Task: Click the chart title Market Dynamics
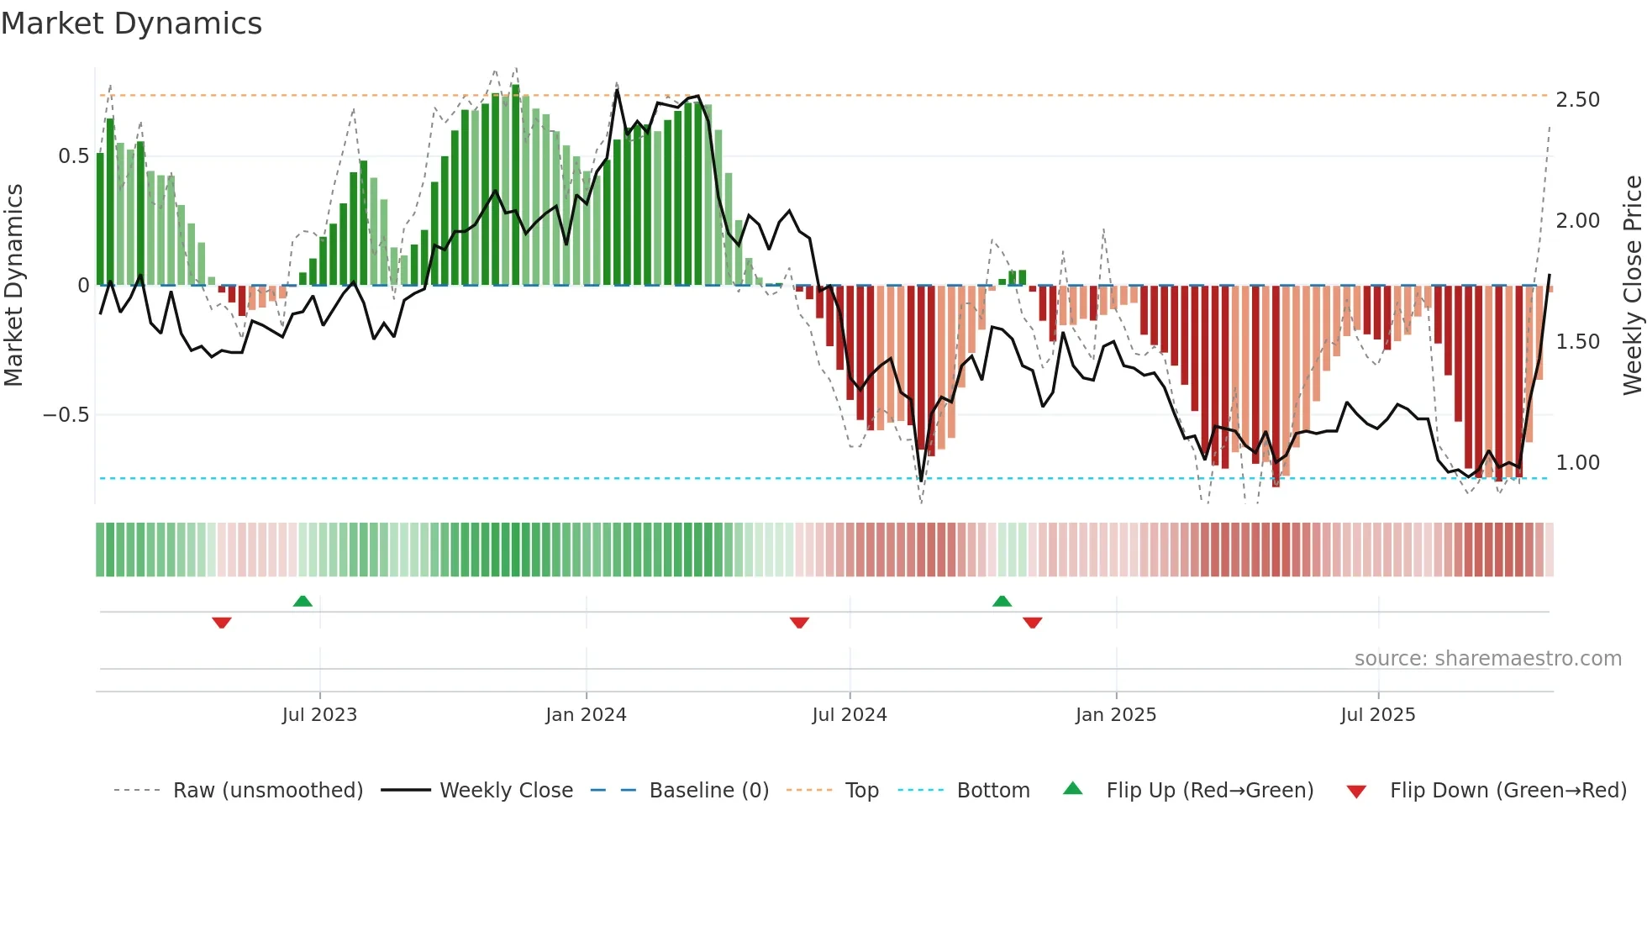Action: pyautogui.click(x=131, y=24)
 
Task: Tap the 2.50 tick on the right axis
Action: pyautogui.click(x=1577, y=100)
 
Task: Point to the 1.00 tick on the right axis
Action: pyautogui.click(x=1577, y=463)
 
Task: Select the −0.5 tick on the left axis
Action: pyautogui.click(x=66, y=415)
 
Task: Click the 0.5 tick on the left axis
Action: pyautogui.click(x=73, y=156)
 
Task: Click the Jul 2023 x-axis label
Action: pyautogui.click(x=319, y=715)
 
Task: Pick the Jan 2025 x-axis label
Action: pyautogui.click(x=1115, y=715)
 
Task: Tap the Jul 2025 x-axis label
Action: pyautogui.click(x=1377, y=715)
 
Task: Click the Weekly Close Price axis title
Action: pyautogui.click(x=1632, y=285)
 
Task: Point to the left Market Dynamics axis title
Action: pyautogui.click(x=13, y=285)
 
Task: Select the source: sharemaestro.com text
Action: pyautogui.click(x=1487, y=659)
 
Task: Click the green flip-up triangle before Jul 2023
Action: pyautogui.click(x=303, y=601)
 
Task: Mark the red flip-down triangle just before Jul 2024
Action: pyautogui.click(x=799, y=623)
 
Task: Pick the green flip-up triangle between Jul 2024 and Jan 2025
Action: pyautogui.click(x=1002, y=601)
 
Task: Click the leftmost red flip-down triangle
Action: pyautogui.click(x=222, y=623)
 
